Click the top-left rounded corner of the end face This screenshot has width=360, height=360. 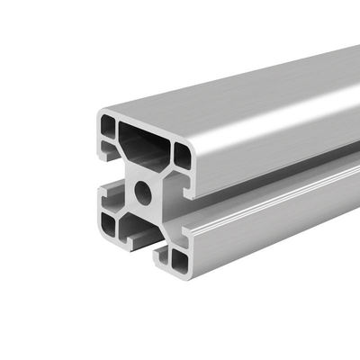(x=98, y=113)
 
